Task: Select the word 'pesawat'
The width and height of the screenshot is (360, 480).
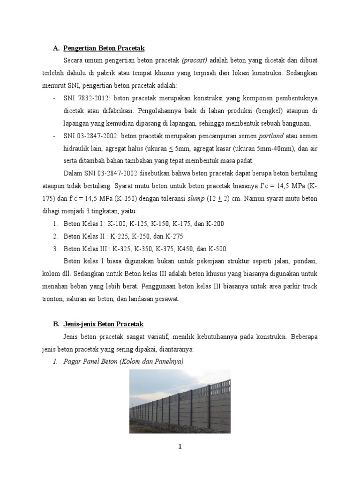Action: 167,299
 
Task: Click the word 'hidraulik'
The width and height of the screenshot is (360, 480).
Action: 77,148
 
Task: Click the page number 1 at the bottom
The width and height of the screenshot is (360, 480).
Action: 180,446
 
